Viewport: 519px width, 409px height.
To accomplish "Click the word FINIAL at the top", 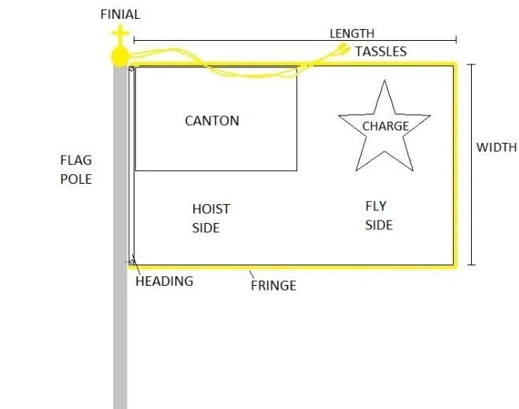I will (120, 13).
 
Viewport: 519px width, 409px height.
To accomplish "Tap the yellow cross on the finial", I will (120, 35).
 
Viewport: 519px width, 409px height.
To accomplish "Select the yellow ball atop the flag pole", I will (120, 56).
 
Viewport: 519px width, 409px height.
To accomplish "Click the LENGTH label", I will (352, 33).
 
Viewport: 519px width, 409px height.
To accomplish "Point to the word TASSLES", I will (381, 52).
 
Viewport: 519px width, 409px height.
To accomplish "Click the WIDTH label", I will (496, 147).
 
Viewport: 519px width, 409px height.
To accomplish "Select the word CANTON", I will (212, 120).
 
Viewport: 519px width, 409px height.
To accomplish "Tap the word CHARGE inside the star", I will (385, 126).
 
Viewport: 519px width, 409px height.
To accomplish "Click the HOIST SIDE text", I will (211, 218).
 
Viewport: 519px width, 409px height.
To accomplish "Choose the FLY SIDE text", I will (377, 215).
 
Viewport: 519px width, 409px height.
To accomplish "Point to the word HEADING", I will (164, 281).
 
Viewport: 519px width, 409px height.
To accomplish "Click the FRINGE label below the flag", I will (273, 285).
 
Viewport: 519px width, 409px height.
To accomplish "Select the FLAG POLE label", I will (76, 170).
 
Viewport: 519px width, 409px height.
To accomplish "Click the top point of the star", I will (384, 82).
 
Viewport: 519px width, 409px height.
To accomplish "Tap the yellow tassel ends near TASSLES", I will (342, 49).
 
